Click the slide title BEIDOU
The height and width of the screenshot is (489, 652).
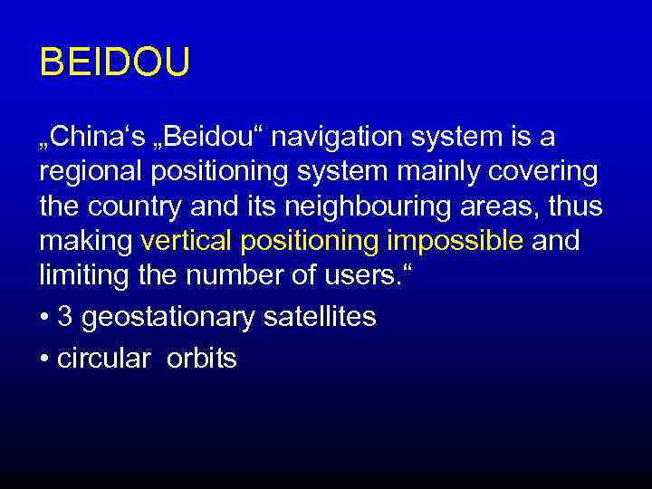pyautogui.click(x=115, y=64)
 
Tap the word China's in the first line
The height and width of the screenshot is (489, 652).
pyautogui.click(x=90, y=138)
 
